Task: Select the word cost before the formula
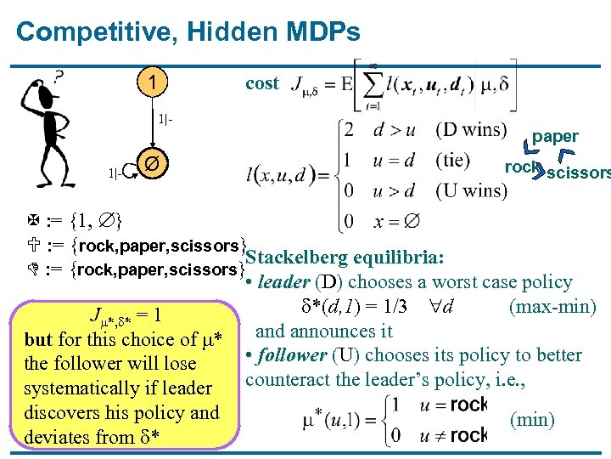pos(261,83)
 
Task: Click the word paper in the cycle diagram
pos(555,136)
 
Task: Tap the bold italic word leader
pos(283,282)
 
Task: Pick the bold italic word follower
pos(291,355)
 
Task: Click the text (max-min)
pos(552,306)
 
